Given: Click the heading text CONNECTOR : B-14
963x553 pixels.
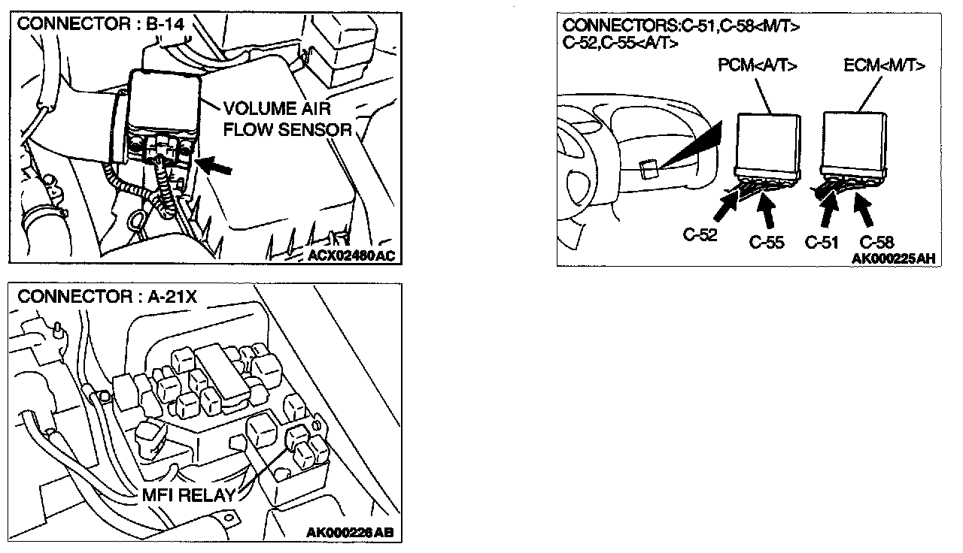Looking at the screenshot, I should point(100,23).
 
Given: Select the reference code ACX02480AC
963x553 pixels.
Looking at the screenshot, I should point(351,256).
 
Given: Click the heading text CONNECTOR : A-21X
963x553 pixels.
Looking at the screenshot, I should point(107,296).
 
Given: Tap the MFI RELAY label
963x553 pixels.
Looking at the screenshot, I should point(187,496).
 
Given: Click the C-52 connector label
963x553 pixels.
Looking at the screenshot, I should point(700,234).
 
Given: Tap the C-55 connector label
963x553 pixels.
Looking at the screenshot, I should point(768,242).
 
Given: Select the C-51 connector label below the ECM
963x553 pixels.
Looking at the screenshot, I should point(822,242).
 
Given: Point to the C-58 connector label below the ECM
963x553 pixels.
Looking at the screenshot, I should point(876,242).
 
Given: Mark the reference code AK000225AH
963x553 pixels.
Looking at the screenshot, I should point(894,258).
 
